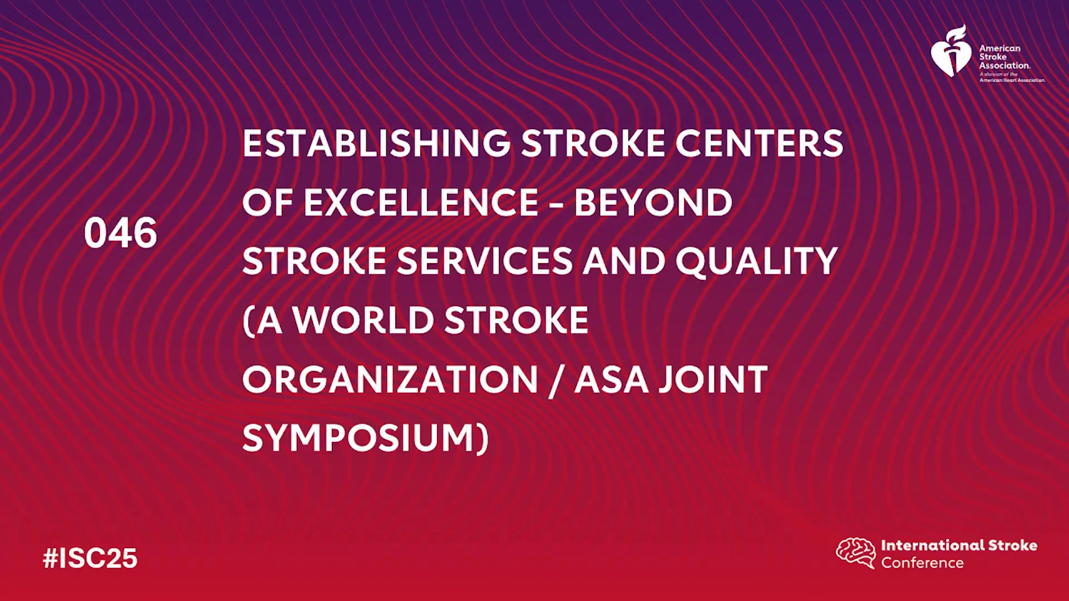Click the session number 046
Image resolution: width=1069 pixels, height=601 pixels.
(x=120, y=233)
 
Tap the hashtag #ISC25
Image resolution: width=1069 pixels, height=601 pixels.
(x=90, y=558)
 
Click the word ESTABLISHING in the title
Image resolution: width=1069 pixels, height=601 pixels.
(x=376, y=143)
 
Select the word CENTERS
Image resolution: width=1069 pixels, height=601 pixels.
(x=759, y=143)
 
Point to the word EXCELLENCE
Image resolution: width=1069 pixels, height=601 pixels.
(x=421, y=202)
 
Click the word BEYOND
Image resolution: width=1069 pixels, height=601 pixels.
(x=653, y=202)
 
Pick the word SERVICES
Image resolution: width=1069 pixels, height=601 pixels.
(x=484, y=261)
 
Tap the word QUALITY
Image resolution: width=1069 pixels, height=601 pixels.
(x=757, y=262)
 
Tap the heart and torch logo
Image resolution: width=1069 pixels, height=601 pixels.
(x=952, y=51)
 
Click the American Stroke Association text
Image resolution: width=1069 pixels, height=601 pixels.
(x=1005, y=57)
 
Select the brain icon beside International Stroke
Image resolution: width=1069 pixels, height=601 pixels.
(x=856, y=553)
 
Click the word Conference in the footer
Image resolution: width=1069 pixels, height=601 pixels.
(x=922, y=563)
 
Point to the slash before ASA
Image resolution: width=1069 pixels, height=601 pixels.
(x=556, y=380)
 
